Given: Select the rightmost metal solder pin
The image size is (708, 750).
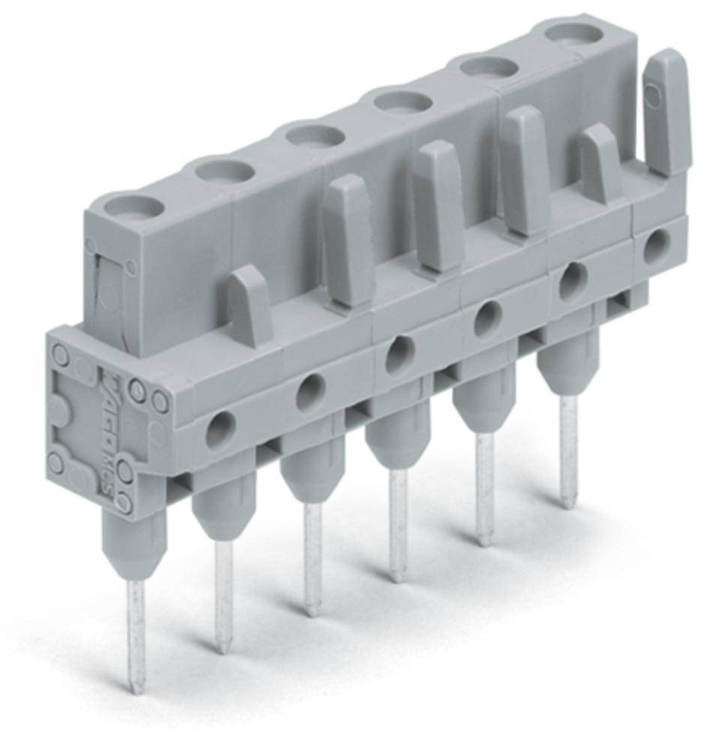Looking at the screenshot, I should click(569, 450).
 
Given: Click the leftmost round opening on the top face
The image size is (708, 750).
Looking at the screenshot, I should click(127, 205).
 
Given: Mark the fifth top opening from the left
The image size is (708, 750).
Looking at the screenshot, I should click(489, 67).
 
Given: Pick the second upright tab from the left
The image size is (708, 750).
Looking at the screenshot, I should click(348, 240).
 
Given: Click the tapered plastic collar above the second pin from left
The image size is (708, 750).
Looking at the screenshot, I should click(223, 514).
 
